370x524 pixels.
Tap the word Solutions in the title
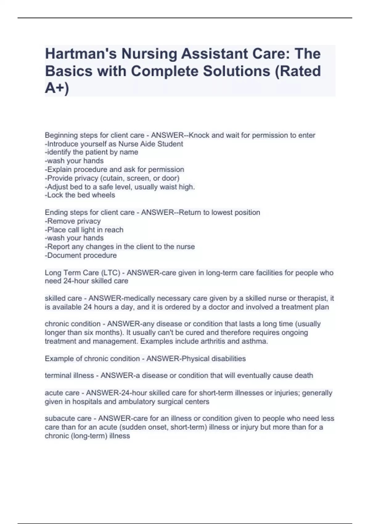click(x=236, y=71)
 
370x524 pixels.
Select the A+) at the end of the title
click(x=57, y=88)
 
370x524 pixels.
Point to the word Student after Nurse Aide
click(x=171, y=144)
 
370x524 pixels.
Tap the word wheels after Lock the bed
click(x=104, y=195)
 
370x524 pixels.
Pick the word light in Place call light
click(x=92, y=230)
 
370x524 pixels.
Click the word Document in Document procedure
click(x=63, y=255)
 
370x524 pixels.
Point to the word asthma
click(x=256, y=341)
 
